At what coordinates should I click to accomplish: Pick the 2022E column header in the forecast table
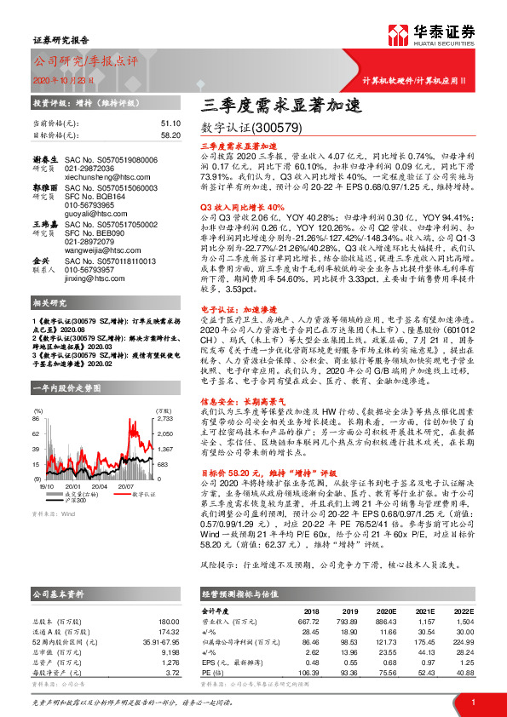click(463, 611)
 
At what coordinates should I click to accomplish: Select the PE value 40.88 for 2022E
click(464, 672)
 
